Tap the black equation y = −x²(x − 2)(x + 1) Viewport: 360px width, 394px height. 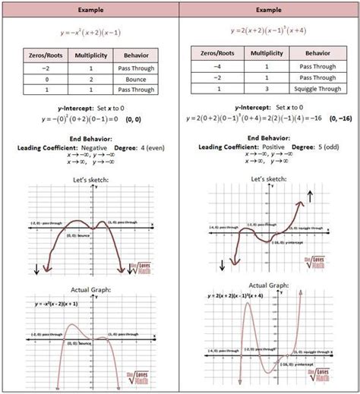[58, 305]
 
